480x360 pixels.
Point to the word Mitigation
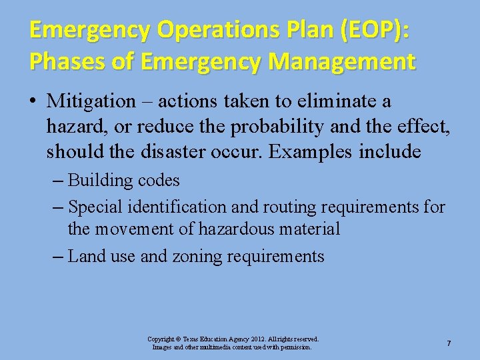(x=91, y=101)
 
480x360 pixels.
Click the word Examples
(x=310, y=152)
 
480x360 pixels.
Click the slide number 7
(x=449, y=343)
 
